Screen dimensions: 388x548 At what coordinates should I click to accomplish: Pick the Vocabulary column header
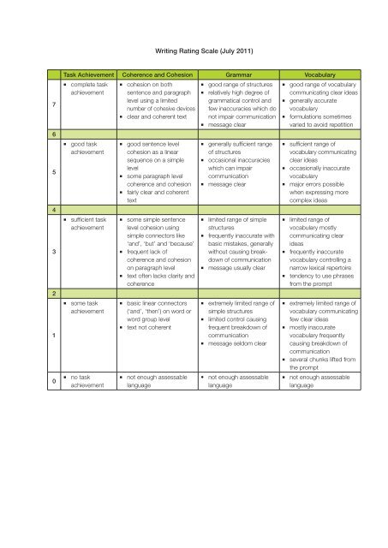tap(316, 75)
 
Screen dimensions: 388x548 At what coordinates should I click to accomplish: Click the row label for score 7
tap(55, 104)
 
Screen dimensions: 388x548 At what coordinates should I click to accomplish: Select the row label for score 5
tap(55, 172)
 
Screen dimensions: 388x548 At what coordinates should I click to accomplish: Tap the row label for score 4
tap(55, 210)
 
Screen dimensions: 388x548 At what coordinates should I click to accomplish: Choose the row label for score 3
tap(55, 252)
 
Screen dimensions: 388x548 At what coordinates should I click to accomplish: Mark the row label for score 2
tap(55, 293)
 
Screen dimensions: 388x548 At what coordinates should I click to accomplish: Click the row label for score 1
tap(55, 335)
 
